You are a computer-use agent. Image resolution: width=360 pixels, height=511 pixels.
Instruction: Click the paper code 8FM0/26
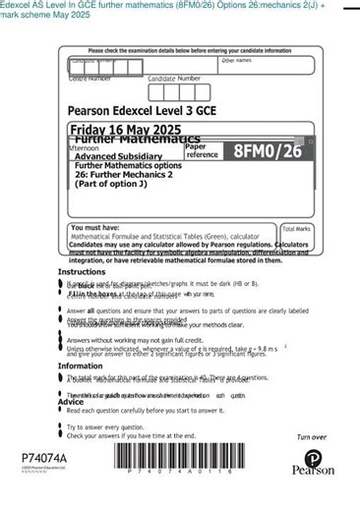(x=268, y=151)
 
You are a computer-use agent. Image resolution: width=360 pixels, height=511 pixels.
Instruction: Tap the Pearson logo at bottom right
(x=313, y=463)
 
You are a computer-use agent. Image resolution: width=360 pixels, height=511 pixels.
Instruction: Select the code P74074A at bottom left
(x=44, y=459)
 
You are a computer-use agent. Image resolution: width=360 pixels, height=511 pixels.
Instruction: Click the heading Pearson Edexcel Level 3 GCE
(x=142, y=111)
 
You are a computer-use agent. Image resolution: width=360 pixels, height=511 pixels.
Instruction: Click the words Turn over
(x=311, y=437)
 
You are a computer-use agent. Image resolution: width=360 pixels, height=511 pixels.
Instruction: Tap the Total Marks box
(x=296, y=235)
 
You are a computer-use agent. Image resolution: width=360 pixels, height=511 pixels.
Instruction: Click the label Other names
(x=236, y=61)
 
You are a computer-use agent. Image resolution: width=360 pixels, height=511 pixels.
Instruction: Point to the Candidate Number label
(x=173, y=79)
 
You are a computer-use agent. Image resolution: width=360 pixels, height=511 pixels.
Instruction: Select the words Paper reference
(x=203, y=150)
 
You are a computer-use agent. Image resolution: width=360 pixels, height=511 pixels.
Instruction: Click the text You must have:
(x=94, y=228)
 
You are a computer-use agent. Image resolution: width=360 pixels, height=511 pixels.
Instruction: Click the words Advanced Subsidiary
(x=119, y=156)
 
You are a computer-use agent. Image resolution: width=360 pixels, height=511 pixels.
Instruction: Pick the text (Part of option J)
(x=111, y=184)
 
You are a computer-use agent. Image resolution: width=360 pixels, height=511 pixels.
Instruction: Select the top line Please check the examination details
(x=190, y=50)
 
